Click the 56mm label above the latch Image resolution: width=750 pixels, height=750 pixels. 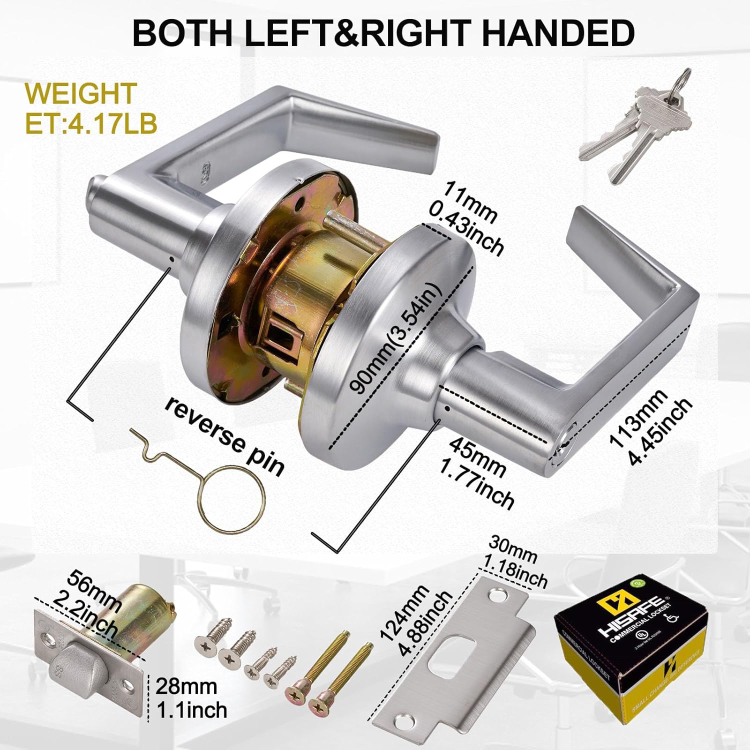pos(95,590)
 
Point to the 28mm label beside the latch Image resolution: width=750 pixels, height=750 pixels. pos(186,686)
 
